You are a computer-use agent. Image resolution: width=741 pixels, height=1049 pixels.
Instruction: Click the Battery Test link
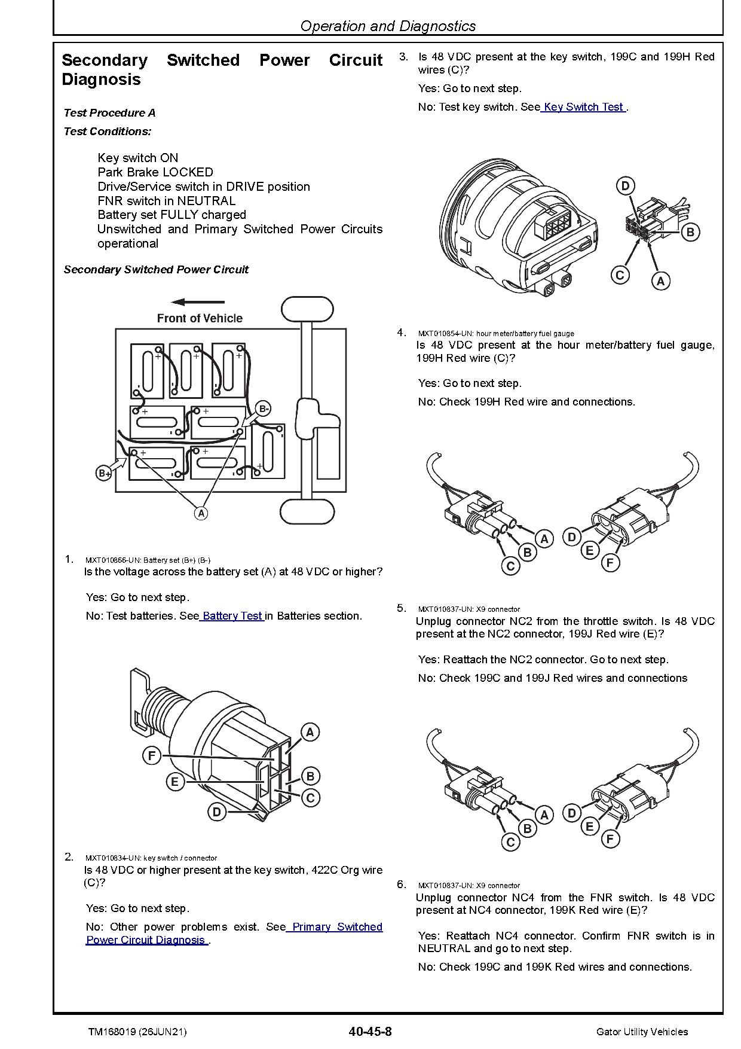(x=232, y=615)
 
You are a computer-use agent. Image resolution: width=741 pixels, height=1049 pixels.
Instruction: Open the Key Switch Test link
(x=583, y=107)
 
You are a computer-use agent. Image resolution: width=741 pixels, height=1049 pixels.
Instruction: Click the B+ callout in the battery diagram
(x=104, y=474)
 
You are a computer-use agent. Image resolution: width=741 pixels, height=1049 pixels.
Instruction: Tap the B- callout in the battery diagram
(x=264, y=409)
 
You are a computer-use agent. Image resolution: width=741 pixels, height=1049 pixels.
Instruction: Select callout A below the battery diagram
(x=201, y=513)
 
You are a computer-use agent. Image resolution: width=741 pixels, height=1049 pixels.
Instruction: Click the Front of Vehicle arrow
(x=198, y=302)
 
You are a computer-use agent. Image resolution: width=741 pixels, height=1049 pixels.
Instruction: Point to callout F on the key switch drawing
(x=152, y=756)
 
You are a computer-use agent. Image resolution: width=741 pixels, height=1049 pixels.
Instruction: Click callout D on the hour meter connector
(x=625, y=186)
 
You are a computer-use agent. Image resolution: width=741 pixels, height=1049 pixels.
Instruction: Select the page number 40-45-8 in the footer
(x=370, y=1032)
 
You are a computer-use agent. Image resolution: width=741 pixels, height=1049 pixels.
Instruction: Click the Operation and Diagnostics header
(x=388, y=26)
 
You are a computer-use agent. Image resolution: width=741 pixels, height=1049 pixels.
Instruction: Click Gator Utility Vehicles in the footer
(x=642, y=1032)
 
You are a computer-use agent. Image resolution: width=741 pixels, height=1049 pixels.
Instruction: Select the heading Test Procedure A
(x=109, y=113)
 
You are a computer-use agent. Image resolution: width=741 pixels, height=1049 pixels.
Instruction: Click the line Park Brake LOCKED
(x=155, y=172)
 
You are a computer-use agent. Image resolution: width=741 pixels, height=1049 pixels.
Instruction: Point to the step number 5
(x=402, y=608)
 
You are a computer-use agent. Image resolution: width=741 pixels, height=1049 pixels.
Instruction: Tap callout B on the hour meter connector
(x=690, y=232)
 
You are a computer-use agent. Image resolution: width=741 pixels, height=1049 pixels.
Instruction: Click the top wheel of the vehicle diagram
(x=307, y=309)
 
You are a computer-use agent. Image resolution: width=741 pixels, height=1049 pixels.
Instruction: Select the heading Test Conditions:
(x=108, y=132)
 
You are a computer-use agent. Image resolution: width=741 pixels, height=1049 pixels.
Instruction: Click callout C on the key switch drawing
(x=310, y=798)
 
